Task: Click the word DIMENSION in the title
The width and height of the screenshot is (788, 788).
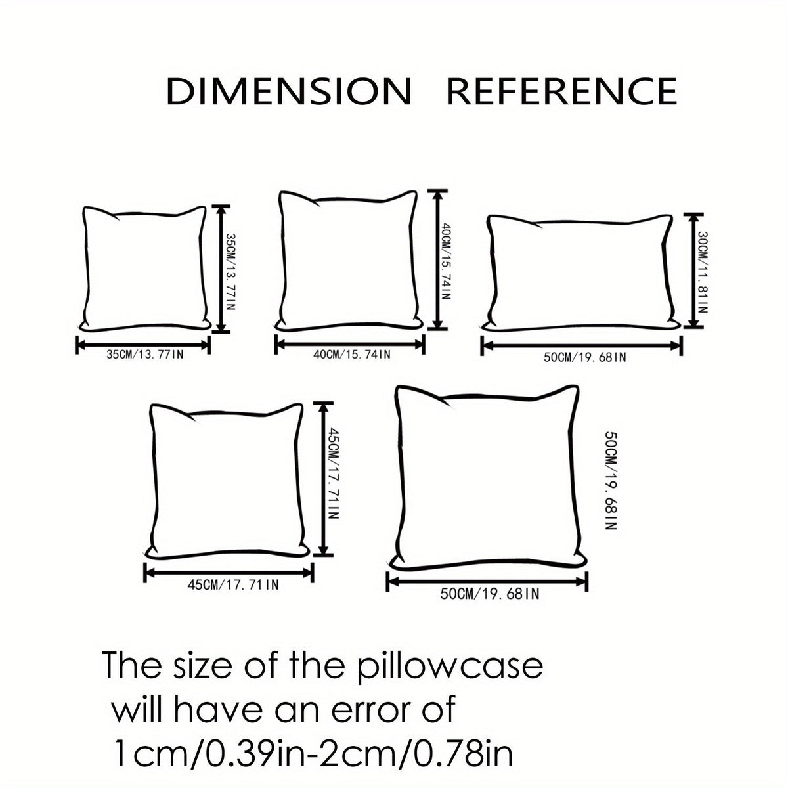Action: (289, 91)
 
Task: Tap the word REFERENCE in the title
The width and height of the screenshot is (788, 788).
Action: (561, 91)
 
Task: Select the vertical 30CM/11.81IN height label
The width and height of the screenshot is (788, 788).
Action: (703, 273)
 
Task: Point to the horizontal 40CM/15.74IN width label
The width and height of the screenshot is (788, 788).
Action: (352, 354)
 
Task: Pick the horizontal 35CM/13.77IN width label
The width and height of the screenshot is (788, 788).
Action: (144, 354)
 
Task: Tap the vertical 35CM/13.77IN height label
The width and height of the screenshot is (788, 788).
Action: (230, 271)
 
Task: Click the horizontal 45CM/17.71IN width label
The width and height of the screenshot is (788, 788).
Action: (233, 585)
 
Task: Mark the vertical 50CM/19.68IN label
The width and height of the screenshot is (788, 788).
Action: (610, 481)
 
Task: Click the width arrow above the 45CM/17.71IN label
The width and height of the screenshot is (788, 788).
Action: (229, 573)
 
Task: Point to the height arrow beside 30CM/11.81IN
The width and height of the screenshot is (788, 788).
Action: (693, 271)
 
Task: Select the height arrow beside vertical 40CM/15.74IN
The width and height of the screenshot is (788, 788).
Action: (437, 260)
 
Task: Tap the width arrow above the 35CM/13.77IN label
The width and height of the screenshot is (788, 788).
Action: (142, 345)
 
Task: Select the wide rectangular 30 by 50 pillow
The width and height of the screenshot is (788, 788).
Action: (580, 273)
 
